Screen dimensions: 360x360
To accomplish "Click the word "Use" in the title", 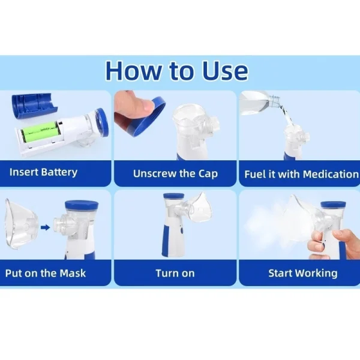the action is tap(225, 70).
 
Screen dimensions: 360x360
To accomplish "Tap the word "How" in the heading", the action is tap(133, 70).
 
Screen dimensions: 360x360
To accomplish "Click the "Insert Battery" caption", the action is tap(43, 172).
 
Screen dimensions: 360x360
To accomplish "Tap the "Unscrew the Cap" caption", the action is tap(175, 174).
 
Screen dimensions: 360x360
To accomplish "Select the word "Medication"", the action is tap(331, 174).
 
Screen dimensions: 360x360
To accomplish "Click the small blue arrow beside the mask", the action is tap(46, 227).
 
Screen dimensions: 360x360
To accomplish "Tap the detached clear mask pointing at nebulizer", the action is tap(20, 224).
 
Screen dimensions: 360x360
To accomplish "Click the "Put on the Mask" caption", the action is tap(46, 273).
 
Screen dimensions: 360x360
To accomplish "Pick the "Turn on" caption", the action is tap(175, 273).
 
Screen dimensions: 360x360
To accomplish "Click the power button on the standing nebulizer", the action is tap(182, 230).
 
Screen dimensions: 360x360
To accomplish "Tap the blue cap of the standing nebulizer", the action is tap(173, 196).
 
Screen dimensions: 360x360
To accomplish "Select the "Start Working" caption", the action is tap(303, 273).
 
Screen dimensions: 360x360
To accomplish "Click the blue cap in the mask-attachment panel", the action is tap(82, 206).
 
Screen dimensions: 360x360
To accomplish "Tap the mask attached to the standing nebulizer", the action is tap(199, 208).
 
